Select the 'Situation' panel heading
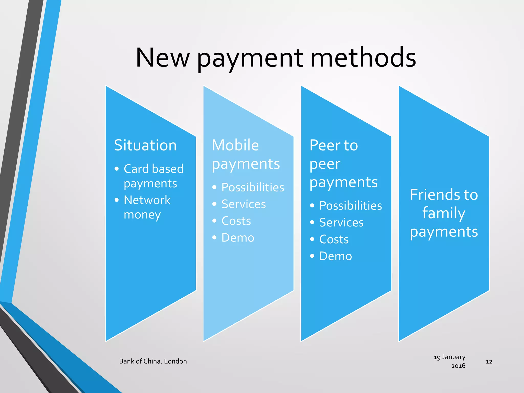[145, 145]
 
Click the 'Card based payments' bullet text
[154, 176]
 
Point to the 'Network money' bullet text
[147, 207]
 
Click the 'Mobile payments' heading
[246, 154]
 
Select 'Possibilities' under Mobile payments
[253, 187]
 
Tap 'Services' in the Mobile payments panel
[244, 204]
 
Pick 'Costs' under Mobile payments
[236, 221]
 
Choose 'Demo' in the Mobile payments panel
[238, 238]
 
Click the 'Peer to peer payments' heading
[343, 164]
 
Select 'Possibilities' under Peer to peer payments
[351, 206]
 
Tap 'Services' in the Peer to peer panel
[341, 223]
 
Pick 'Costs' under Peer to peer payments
[334, 239]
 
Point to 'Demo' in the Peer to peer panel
[336, 256]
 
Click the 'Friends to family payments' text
[444, 213]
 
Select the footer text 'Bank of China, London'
[153, 361]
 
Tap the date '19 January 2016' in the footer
[450, 361]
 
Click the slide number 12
[489, 362]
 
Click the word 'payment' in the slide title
[250, 58]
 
